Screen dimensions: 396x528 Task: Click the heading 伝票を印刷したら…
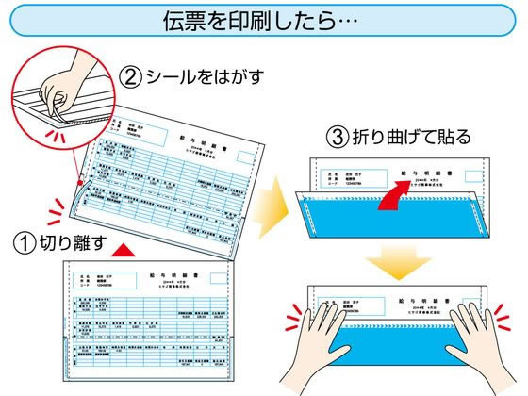(x=265, y=21)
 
